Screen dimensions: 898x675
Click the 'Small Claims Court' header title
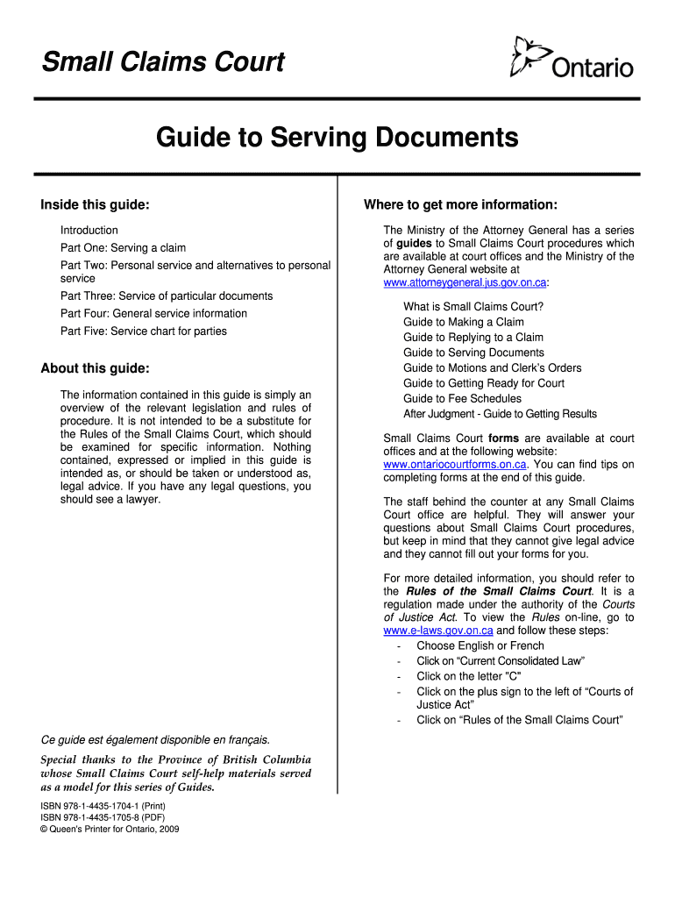(x=163, y=63)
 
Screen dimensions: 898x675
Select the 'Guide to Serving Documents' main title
(x=337, y=138)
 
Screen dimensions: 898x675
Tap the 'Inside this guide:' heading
(x=95, y=205)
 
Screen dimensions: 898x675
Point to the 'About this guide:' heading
(x=95, y=368)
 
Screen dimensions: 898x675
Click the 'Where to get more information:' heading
(x=460, y=205)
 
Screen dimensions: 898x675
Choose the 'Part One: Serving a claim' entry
(x=123, y=248)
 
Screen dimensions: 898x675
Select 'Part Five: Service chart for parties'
(x=143, y=331)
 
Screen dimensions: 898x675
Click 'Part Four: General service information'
(x=153, y=314)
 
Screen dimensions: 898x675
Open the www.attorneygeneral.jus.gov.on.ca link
(x=465, y=283)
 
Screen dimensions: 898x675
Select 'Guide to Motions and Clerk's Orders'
(x=492, y=368)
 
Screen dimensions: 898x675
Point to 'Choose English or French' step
(x=480, y=646)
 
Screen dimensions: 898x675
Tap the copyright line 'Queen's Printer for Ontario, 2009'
(x=110, y=829)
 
